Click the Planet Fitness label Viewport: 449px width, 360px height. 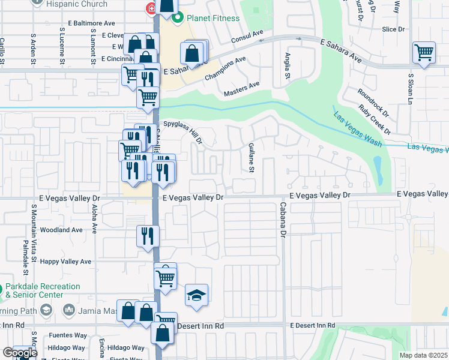212,18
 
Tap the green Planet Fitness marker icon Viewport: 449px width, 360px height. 177,18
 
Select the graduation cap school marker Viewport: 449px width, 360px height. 196,295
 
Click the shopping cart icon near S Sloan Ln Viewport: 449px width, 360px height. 424,53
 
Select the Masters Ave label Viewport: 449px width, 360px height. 241,89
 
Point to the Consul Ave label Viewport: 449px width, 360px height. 247,37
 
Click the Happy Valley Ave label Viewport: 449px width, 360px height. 66,262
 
